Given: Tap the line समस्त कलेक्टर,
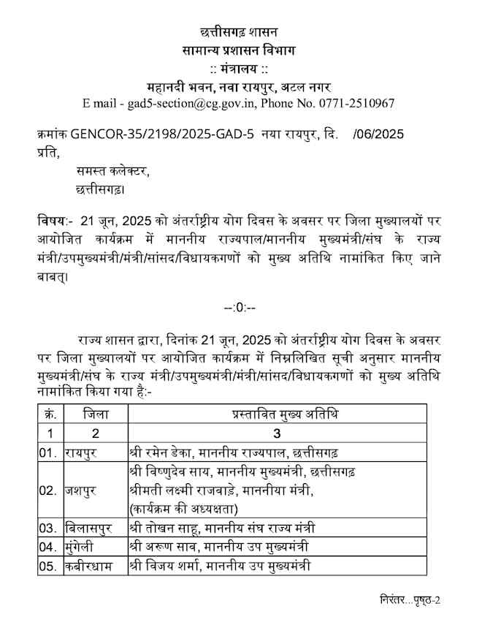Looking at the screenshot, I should tap(112, 172).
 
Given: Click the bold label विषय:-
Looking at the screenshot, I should tap(54, 220).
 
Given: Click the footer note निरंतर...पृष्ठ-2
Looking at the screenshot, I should tap(410, 600).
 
